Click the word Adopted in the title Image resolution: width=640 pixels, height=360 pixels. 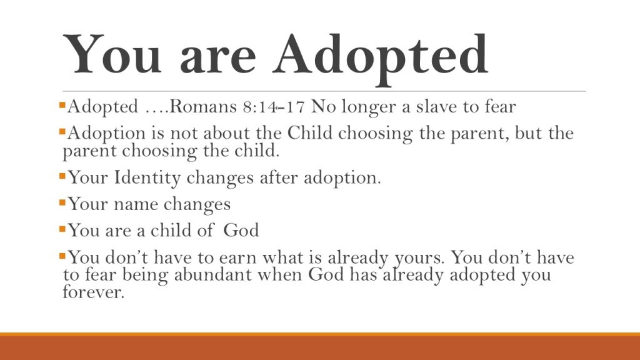[381, 57]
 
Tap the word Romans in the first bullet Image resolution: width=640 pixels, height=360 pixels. [202, 106]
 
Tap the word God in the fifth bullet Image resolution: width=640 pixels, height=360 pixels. [241, 230]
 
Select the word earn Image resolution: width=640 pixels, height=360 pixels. [237, 258]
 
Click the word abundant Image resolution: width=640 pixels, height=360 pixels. [212, 274]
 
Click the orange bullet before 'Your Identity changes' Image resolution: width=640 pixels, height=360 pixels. [62, 176]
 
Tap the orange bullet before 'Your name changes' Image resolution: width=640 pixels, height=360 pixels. [62, 202]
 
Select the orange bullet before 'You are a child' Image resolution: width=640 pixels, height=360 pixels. [62, 229]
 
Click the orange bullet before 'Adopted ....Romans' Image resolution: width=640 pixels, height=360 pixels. [62, 106]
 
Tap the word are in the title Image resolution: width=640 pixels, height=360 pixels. [218, 59]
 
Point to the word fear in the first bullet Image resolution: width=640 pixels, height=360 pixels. [501, 106]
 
